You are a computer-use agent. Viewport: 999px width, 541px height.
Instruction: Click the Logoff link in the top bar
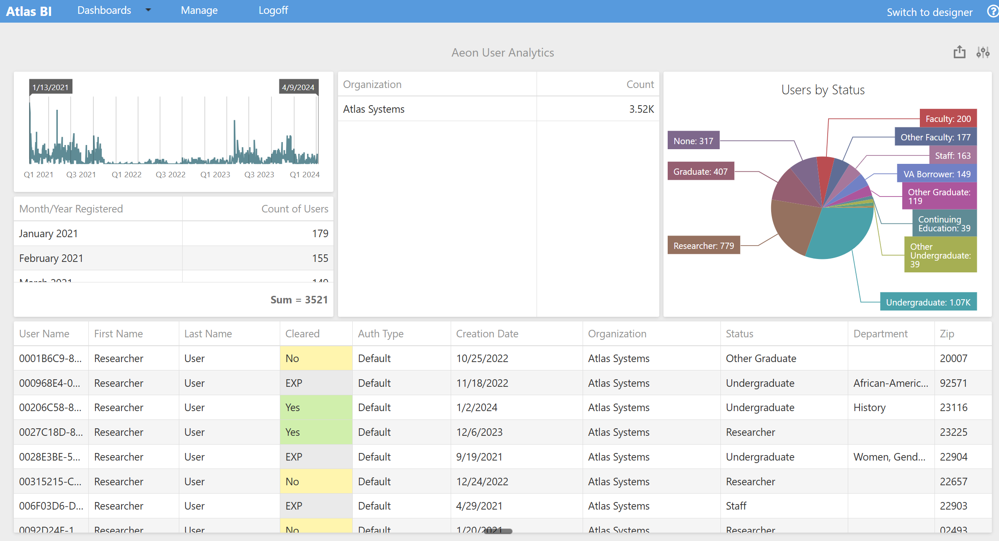coord(273,10)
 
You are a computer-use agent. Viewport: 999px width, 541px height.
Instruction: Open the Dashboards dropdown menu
coord(114,10)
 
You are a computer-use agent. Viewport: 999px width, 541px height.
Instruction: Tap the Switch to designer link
coord(929,12)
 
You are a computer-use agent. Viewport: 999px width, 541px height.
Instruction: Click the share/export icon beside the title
coord(959,52)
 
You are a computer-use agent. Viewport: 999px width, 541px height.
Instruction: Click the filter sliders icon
coord(983,52)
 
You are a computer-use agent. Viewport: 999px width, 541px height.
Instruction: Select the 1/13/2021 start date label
coord(50,87)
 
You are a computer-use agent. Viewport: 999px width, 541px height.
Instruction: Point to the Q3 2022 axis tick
coord(170,175)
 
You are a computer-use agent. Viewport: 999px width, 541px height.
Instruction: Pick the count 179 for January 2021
coord(320,233)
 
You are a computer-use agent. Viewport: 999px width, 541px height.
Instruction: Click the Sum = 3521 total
coord(299,300)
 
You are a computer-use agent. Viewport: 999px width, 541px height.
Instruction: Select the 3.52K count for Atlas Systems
coord(641,109)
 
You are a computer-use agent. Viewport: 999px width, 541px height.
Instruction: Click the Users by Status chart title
coord(823,90)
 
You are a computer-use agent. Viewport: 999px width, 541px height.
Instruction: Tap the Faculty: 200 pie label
coord(948,119)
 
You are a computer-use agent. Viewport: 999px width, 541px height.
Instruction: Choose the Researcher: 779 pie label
coord(703,246)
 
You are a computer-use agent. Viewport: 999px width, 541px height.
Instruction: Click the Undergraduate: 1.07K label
coord(928,302)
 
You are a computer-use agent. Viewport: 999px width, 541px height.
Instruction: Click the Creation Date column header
coord(487,334)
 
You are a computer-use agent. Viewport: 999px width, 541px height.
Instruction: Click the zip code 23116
coord(953,408)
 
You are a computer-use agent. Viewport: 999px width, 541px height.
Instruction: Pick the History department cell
coord(869,408)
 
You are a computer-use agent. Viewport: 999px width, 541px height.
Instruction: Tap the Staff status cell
coord(736,506)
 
